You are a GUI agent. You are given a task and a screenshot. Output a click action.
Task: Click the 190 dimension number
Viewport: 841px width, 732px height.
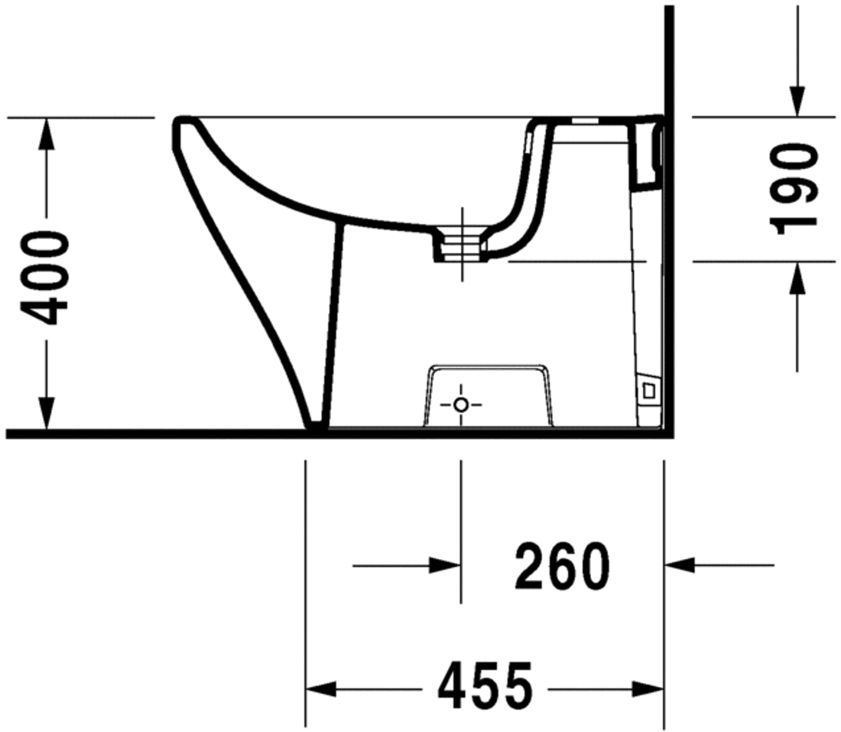tap(795, 188)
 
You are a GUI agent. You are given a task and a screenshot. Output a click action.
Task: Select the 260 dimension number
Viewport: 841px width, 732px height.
tap(563, 566)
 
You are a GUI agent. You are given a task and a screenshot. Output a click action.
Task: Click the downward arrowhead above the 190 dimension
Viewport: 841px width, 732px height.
tap(797, 102)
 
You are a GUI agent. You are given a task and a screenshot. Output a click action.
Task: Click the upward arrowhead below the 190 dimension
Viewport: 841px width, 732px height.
tap(797, 277)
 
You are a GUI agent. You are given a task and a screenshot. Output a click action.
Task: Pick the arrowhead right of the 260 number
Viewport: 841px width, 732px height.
tap(679, 566)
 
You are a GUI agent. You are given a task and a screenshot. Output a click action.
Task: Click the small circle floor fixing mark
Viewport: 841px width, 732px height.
tap(460, 405)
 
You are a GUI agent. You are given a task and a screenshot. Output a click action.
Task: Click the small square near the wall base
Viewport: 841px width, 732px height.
tap(648, 390)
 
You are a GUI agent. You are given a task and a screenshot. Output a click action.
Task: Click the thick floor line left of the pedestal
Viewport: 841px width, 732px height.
tap(153, 434)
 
